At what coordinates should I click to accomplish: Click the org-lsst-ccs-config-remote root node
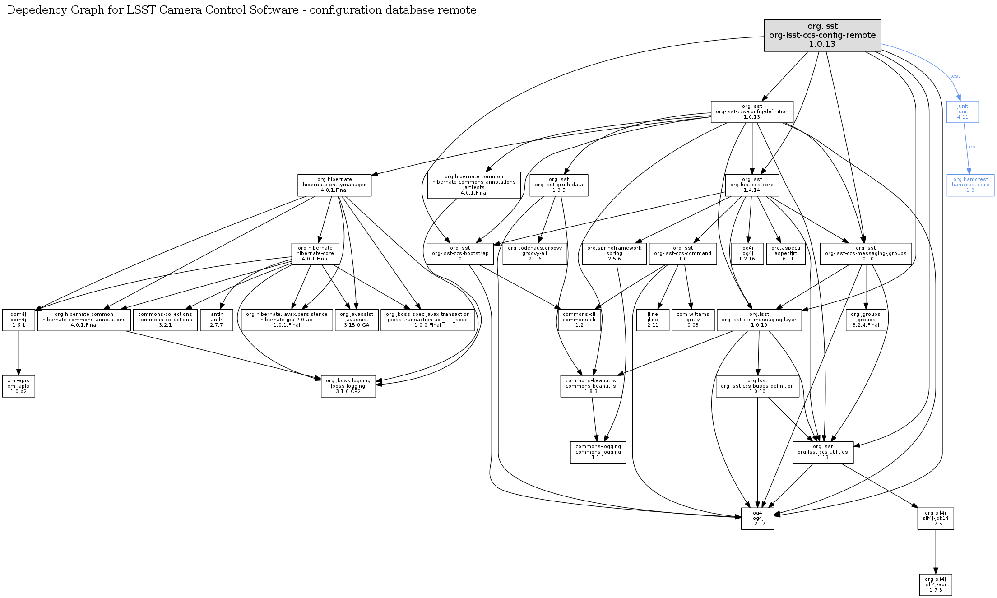coord(822,35)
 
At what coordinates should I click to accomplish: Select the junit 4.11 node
coord(962,112)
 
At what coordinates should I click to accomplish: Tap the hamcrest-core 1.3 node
coord(970,185)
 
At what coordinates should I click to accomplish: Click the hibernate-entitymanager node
coord(334,185)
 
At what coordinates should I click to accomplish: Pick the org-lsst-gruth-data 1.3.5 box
coord(558,185)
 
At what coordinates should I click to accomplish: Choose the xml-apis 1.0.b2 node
coord(18,386)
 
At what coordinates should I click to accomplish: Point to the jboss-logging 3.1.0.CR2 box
coord(348,386)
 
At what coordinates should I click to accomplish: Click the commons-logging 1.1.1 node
coord(598,452)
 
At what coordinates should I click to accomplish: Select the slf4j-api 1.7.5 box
coord(935,585)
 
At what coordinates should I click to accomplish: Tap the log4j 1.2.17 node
coord(757,519)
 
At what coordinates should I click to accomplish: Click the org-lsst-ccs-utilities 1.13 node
coord(822,452)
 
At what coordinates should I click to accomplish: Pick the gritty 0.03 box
coord(692,320)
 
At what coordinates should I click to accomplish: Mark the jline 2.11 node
coord(652,320)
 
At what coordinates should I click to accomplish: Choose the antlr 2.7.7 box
coord(216,320)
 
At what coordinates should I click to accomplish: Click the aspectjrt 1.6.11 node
coord(785,254)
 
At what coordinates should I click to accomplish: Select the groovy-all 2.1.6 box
coord(534,254)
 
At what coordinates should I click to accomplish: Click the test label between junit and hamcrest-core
coord(972,147)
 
